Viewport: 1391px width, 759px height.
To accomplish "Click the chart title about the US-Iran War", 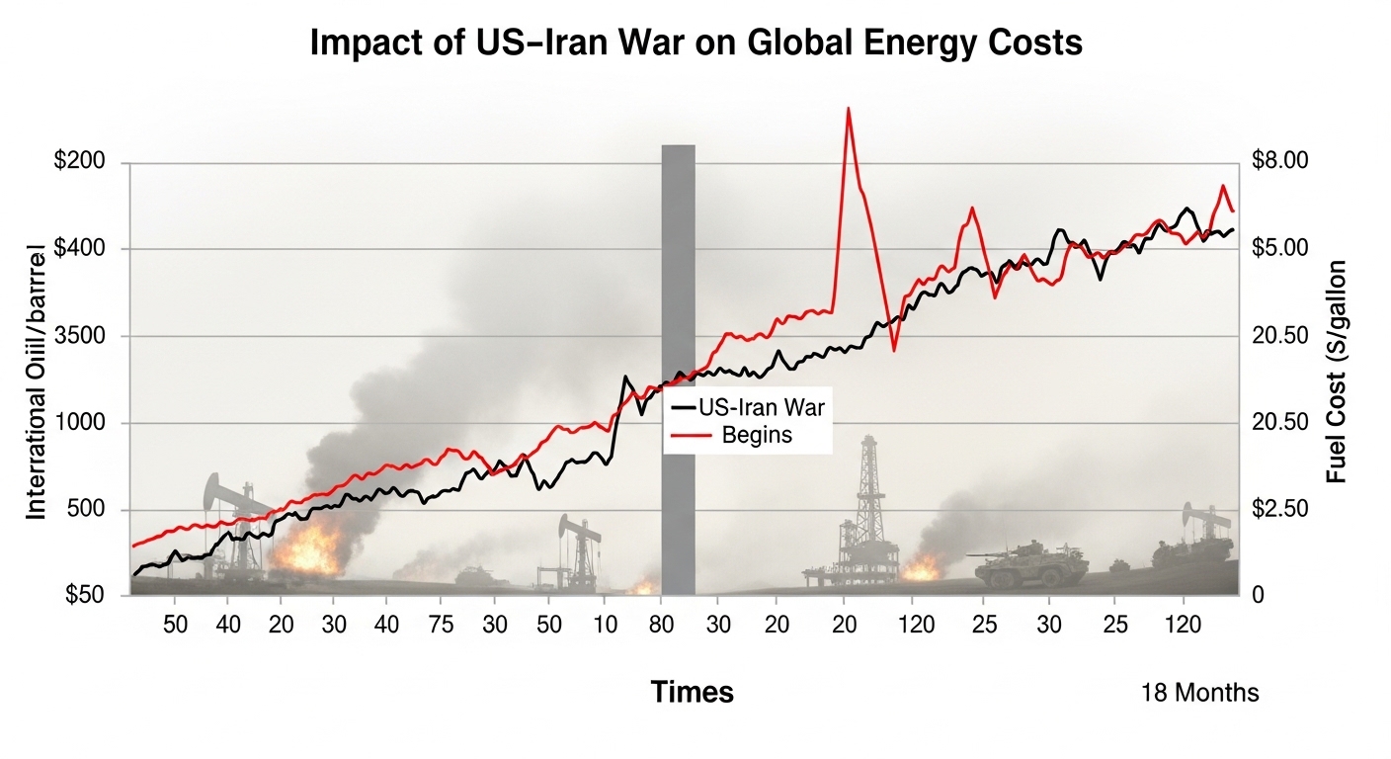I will pos(696,44).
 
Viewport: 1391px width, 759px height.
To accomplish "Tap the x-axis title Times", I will pos(692,693).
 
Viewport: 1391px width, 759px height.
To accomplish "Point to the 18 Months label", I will pos(1199,693).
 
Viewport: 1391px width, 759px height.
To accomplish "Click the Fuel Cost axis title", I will pos(1337,372).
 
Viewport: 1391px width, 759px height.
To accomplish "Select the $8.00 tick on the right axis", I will pos(1278,161).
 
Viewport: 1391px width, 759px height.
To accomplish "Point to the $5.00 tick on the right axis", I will pos(1278,248).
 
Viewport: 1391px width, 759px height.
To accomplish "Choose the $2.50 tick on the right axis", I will pos(1278,509).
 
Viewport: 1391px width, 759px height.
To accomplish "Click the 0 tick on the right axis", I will pos(1257,596).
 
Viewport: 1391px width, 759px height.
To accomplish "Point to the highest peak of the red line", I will pos(848,109).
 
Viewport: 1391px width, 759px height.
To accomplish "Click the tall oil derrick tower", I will pos(868,494).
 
